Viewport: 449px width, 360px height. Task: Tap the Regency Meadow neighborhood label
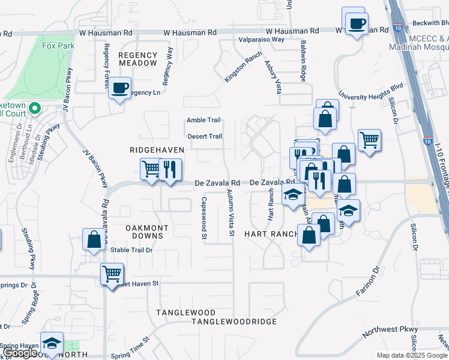click(137, 59)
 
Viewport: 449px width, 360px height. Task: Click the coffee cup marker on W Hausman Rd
click(357, 23)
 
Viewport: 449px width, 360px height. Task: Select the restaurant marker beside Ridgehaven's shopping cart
click(170, 170)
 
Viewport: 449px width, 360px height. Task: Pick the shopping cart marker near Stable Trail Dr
click(112, 274)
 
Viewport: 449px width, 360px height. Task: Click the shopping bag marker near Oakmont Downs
click(94, 239)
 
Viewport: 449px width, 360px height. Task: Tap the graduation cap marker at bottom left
click(52, 343)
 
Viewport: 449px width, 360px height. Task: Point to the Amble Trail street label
click(204, 120)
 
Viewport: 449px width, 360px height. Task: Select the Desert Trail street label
click(205, 136)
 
